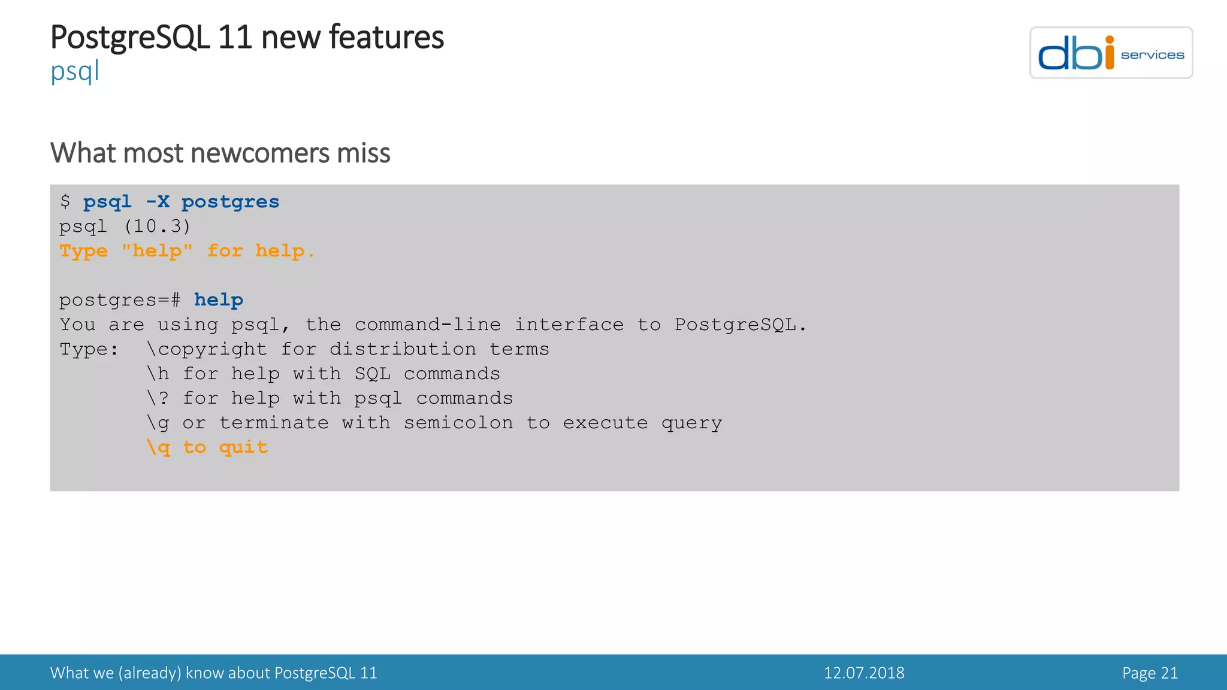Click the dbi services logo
coord(1111,53)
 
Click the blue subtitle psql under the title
coord(74,72)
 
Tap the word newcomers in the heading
coord(259,153)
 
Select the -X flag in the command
coord(158,202)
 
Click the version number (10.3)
coord(157,226)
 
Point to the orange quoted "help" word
coord(157,251)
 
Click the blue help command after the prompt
coord(219,300)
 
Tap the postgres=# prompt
coord(120,300)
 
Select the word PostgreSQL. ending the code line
coord(741,325)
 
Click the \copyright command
coord(207,349)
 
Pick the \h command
coord(158,374)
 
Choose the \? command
coord(158,398)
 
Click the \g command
coord(158,423)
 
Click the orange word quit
coord(243,447)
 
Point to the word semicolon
coord(458,423)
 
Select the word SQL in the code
coord(372,374)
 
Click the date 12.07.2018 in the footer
coord(864,673)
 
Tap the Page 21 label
coord(1150,673)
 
